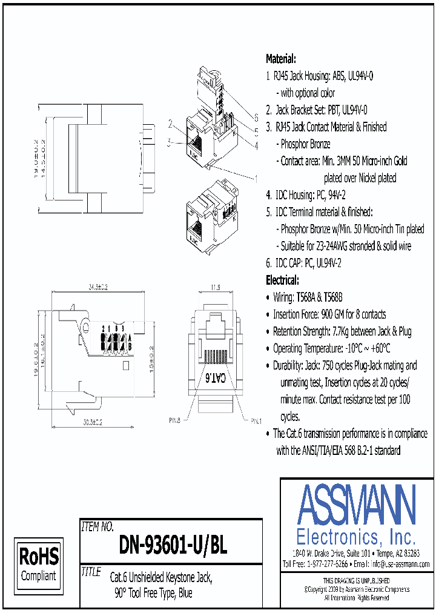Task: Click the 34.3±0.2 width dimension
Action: click(97, 287)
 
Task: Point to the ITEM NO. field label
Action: click(97, 526)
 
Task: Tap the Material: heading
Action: click(281, 59)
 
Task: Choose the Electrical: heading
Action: click(282, 280)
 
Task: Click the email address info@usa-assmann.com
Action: click(400, 564)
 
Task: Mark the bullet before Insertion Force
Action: click(268, 315)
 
